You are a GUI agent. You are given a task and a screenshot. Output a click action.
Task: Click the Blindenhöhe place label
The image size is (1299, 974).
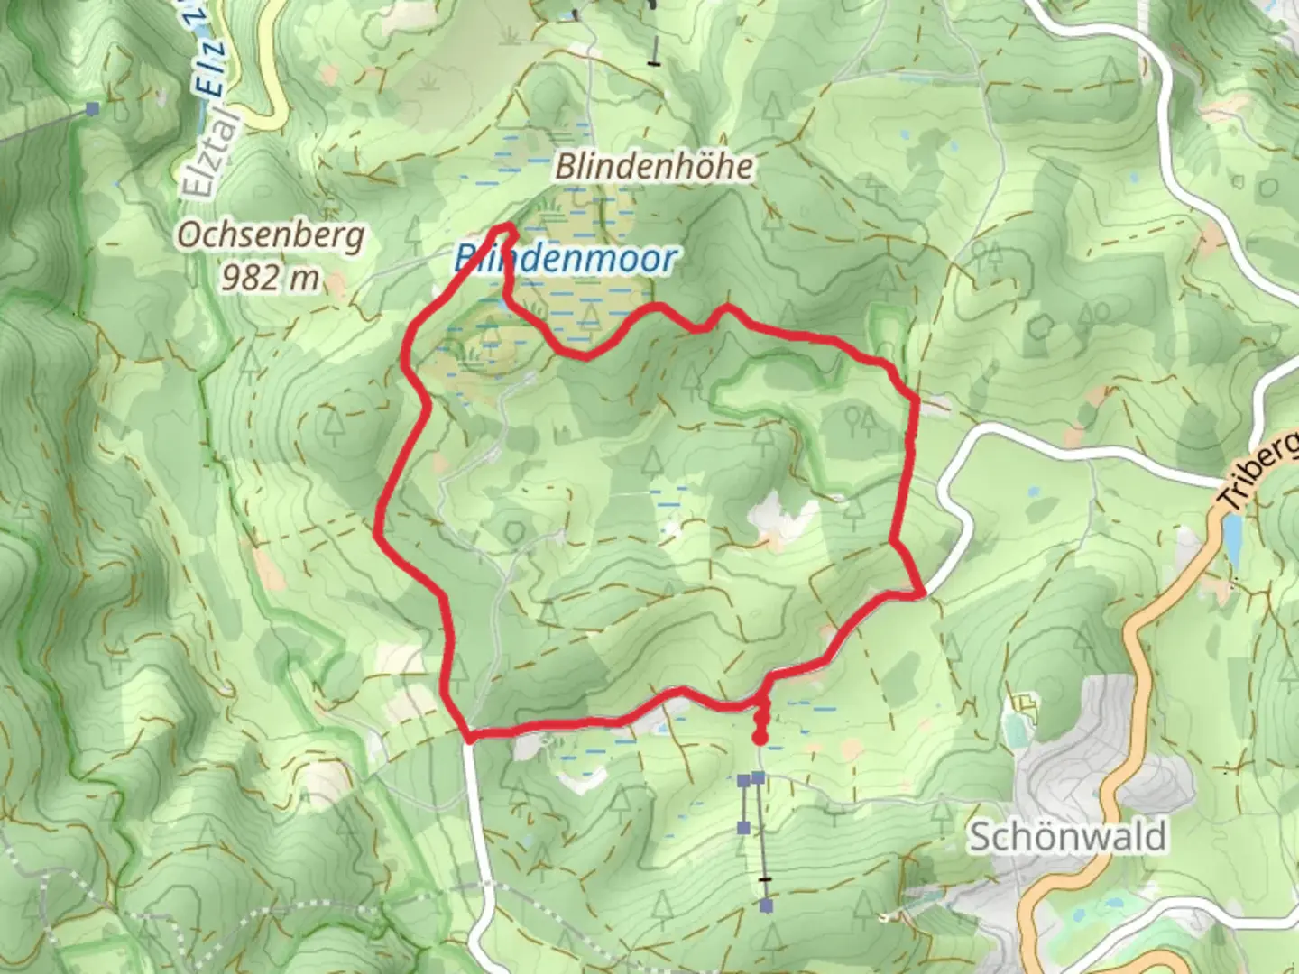654,166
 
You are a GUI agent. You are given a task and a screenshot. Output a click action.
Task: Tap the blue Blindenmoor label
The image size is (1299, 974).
565,260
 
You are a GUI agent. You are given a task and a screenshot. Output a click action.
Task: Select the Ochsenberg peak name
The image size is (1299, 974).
271,235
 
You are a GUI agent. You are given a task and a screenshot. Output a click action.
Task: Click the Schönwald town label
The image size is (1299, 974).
1066,837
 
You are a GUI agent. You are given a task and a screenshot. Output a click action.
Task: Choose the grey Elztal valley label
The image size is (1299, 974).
209,153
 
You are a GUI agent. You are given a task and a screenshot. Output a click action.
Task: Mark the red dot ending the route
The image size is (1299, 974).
760,739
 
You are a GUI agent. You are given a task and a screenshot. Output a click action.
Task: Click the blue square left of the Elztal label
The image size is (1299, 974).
92,109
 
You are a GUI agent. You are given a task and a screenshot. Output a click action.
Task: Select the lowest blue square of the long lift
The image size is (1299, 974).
766,905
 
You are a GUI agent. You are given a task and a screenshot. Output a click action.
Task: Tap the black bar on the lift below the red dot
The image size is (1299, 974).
766,878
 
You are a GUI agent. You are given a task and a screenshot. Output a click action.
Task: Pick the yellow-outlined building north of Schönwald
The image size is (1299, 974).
1024,702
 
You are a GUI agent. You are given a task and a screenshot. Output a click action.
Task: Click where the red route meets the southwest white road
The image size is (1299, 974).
469,739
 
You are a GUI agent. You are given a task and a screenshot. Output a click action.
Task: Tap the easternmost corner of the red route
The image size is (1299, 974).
921,593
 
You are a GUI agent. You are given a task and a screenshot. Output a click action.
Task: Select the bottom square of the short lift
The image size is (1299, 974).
743,827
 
